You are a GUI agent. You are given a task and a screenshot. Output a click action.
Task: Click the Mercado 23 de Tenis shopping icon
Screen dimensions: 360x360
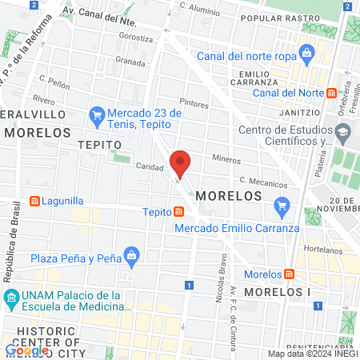click(97, 115)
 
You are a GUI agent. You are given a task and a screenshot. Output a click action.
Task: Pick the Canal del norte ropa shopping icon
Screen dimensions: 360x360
click(305, 54)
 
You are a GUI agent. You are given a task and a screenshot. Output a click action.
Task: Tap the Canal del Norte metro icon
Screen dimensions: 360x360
click(332, 93)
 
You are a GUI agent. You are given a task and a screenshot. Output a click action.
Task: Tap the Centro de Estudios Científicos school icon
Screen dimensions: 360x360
click(343, 131)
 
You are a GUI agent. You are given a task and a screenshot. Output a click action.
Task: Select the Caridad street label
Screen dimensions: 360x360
click(150, 167)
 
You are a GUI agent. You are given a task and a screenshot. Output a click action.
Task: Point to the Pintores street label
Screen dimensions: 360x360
click(194, 103)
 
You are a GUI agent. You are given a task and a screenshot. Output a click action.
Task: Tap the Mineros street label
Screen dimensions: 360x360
click(226, 159)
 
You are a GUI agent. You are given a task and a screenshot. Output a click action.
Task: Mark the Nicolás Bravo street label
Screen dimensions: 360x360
click(221, 287)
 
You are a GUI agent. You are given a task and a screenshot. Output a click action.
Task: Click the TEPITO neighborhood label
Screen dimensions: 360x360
click(100, 144)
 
